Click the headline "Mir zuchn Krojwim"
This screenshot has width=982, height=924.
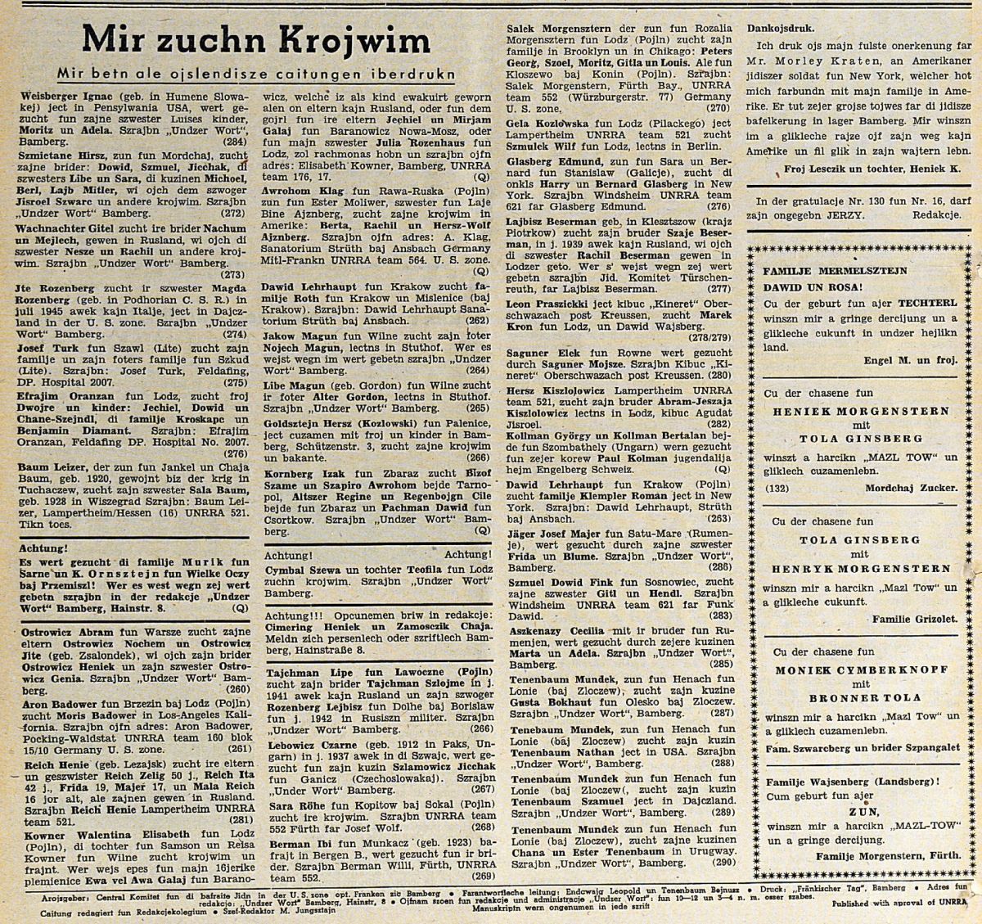tap(256, 41)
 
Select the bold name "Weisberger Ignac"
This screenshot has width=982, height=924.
tap(60, 96)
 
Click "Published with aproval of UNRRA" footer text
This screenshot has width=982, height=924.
tap(897, 904)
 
